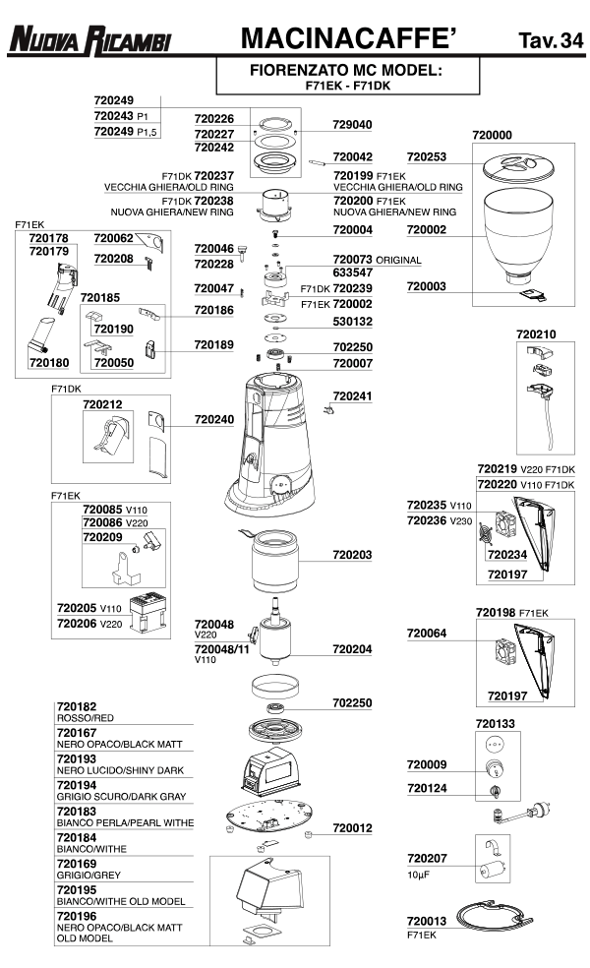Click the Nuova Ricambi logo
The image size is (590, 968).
coord(89,39)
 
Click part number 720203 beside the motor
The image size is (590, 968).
coord(352,556)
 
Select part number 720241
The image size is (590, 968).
coord(352,395)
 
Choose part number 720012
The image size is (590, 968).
coord(352,829)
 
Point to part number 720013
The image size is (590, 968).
coord(427,921)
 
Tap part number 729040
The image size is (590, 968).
coord(352,126)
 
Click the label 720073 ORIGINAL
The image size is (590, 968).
coord(377,260)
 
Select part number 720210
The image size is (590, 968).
coord(536,334)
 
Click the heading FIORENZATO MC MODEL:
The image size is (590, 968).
coord(345,72)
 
